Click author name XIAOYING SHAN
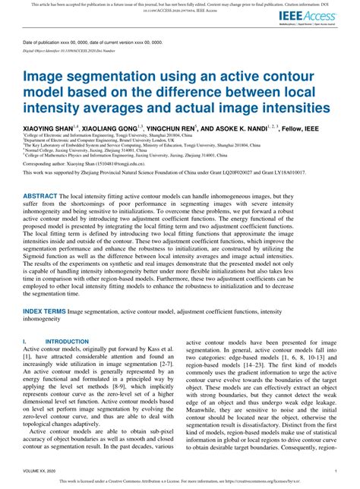pos(47,128)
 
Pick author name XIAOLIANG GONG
pos(111,128)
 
